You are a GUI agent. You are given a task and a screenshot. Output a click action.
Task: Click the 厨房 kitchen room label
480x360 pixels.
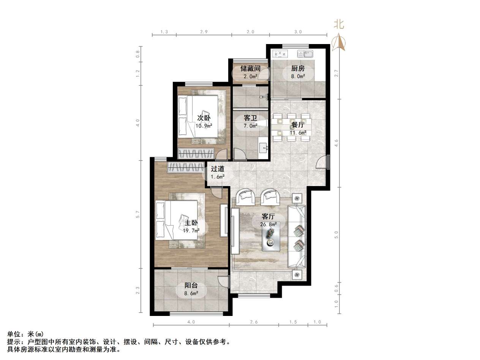298,69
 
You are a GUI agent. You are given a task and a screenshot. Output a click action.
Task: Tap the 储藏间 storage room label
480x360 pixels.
250,69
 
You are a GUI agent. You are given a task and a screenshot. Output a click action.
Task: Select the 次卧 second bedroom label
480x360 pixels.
204,118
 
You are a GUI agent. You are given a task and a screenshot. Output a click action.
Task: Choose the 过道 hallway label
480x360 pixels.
218,169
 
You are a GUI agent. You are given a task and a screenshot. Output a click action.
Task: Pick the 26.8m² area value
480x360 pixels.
268,224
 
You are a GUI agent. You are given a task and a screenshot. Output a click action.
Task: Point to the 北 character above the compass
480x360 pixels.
339,25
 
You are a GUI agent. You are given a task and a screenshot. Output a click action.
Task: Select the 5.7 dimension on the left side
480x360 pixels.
138,215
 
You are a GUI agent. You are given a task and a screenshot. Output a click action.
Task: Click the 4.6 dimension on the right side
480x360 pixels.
336,142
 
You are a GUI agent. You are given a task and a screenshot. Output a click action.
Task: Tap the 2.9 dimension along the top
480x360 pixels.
204,32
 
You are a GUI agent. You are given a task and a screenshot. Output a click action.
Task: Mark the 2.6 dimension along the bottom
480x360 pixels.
254,322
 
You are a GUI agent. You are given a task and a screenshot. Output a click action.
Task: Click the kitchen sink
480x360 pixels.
305,54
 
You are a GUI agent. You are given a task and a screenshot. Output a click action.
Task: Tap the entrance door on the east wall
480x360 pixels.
322,162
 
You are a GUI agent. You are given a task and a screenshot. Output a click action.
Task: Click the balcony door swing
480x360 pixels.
224,281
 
